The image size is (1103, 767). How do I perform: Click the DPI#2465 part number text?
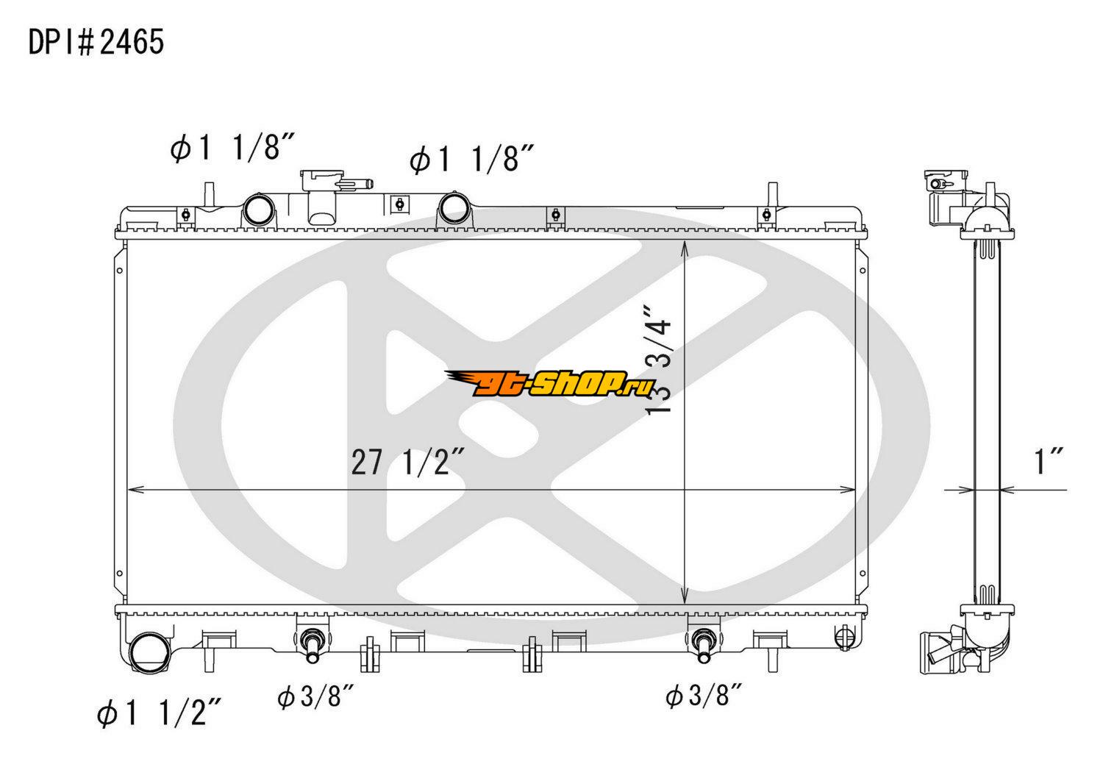pos(96,42)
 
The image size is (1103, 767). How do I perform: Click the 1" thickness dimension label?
pos(1049,461)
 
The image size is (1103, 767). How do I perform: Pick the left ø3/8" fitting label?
pos(315,697)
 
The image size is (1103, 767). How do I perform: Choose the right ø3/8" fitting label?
pos(704,697)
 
